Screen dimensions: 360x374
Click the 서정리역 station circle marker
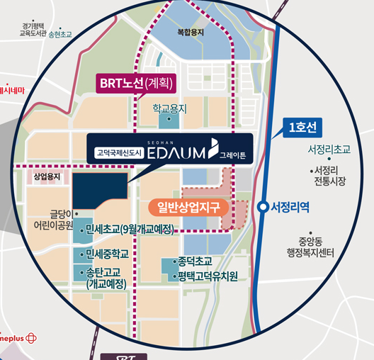(263, 207)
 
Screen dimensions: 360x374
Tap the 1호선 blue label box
(302, 127)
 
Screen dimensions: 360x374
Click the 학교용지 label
(169, 108)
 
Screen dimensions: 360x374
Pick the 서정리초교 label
(329, 150)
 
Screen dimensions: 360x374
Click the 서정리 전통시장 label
(330, 176)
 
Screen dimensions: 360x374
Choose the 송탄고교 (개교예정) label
(106, 278)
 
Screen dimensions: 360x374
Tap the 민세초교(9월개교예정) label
(138, 228)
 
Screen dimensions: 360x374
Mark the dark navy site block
(99, 190)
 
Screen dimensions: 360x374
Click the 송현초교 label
(60, 33)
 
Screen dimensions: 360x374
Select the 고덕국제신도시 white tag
(120, 152)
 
